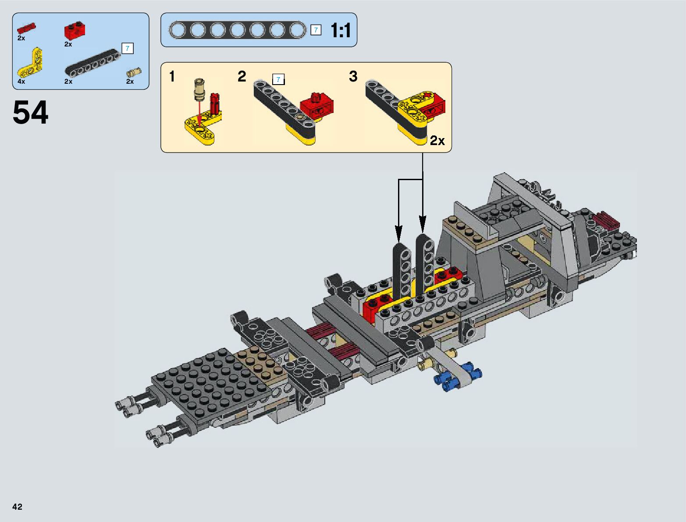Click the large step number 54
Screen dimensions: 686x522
[x=30, y=112]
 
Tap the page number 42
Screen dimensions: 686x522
[x=17, y=507]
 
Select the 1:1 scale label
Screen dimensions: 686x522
[x=341, y=30]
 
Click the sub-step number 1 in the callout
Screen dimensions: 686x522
[x=172, y=77]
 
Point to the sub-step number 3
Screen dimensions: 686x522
[x=353, y=76]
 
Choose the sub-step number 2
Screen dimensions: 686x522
[x=242, y=76]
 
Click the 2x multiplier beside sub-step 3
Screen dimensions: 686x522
[x=437, y=141]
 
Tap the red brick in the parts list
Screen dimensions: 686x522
[x=75, y=30]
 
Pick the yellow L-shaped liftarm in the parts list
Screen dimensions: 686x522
[x=30, y=64]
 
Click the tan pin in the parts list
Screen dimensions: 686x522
[x=134, y=72]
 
